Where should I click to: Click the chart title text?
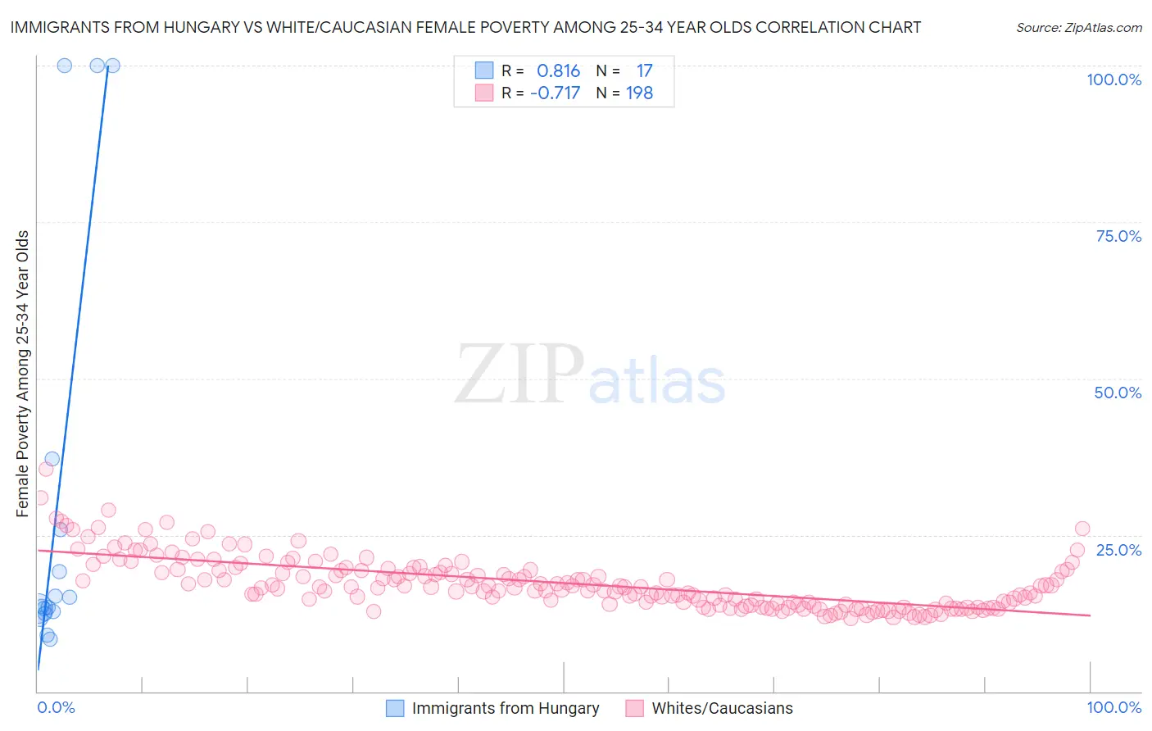[465, 27]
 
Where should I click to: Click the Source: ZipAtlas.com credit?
[1078, 27]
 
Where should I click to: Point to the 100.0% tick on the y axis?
[1113, 79]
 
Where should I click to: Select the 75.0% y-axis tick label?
[1118, 236]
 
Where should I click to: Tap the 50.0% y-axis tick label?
[1118, 393]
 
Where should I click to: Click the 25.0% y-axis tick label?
[1118, 549]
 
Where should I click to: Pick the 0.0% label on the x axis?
[56, 707]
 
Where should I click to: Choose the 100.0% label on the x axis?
[1113, 707]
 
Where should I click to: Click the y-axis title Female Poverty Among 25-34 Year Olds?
[23, 374]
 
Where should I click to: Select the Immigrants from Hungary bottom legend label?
[506, 708]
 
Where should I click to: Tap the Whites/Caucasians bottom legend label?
[722, 708]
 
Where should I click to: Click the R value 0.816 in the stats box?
[558, 71]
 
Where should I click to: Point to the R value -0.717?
[555, 93]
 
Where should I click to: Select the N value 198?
[639, 93]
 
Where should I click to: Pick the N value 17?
[644, 71]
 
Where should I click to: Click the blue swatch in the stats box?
[484, 70]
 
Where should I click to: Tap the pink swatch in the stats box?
[484, 93]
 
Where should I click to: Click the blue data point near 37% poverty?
[52, 459]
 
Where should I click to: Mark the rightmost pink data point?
[1082, 529]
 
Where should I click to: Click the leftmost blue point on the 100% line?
[65, 66]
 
